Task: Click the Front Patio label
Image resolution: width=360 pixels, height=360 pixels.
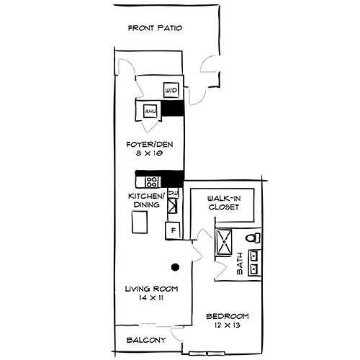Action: click(154, 29)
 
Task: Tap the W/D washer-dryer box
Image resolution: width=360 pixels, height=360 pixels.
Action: click(171, 90)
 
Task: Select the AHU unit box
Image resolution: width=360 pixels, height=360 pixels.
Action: click(150, 112)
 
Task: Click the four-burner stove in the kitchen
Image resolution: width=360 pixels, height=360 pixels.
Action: click(151, 181)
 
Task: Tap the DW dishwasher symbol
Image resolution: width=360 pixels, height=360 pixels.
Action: click(172, 192)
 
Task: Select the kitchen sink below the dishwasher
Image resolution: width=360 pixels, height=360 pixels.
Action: click(172, 207)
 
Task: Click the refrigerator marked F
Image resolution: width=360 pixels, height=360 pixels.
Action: click(172, 231)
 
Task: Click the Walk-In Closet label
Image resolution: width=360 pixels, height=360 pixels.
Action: click(222, 202)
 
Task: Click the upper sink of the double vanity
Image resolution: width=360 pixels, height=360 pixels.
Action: click(254, 255)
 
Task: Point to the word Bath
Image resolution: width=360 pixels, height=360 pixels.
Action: click(240, 266)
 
